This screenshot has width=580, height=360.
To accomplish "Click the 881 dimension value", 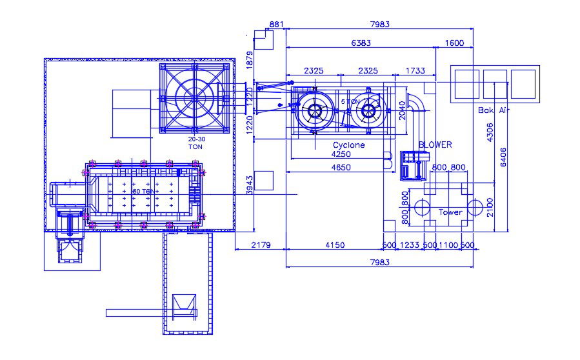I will pyautogui.click(x=276, y=25).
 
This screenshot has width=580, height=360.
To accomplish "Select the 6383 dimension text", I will pyautogui.click(x=361, y=43).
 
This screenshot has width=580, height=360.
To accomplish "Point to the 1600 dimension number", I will pyautogui.click(x=455, y=43).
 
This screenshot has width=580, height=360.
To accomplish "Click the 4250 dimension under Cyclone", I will pyautogui.click(x=341, y=155).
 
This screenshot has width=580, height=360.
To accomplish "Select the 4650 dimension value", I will pyautogui.click(x=341, y=168).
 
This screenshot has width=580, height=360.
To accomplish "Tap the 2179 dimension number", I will pyautogui.click(x=259, y=245).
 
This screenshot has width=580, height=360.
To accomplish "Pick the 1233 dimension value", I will pyautogui.click(x=410, y=245).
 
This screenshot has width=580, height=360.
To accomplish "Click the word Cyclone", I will pyautogui.click(x=348, y=145).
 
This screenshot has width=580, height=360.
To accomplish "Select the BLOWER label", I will pyautogui.click(x=435, y=145).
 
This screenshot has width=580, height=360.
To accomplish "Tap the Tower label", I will pyautogui.click(x=450, y=212).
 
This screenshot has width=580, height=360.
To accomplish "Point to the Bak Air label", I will pyautogui.click(x=494, y=110).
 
